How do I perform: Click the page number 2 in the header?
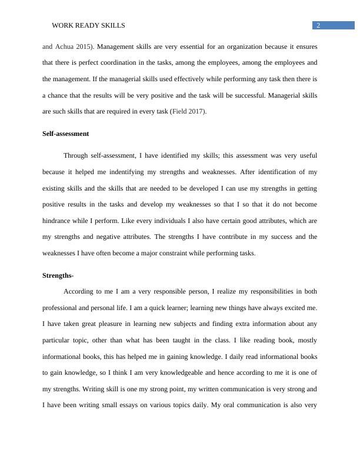tap(318, 25)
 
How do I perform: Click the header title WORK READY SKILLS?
tap(88, 25)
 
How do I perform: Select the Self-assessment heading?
tap(65, 134)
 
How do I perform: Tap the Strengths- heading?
tap(58, 275)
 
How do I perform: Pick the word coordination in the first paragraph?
tap(154, 62)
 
